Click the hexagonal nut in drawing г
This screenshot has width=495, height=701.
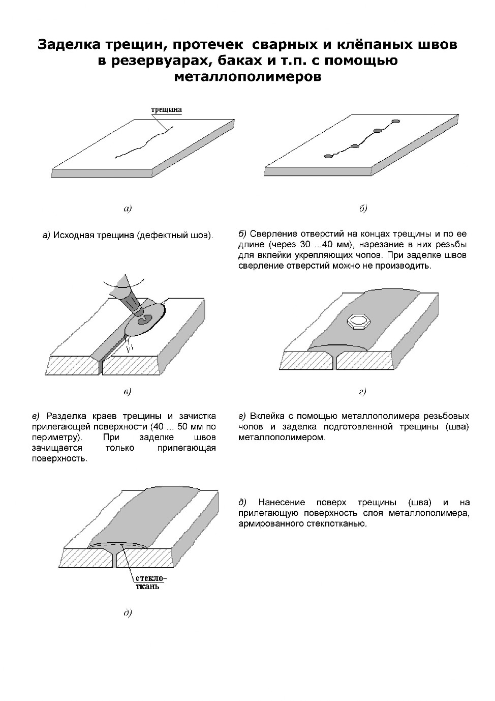tap(358, 322)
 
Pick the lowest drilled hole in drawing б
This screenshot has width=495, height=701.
tap(329, 156)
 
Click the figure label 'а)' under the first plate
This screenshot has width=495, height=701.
tap(127, 208)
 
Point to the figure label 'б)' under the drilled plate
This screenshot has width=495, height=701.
tap(363, 209)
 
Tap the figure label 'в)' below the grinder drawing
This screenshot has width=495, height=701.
tap(127, 391)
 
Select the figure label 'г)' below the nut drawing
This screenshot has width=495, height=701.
tap(362, 391)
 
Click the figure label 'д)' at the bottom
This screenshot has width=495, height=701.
tap(128, 612)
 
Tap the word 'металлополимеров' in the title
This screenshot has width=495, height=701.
tap(247, 77)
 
